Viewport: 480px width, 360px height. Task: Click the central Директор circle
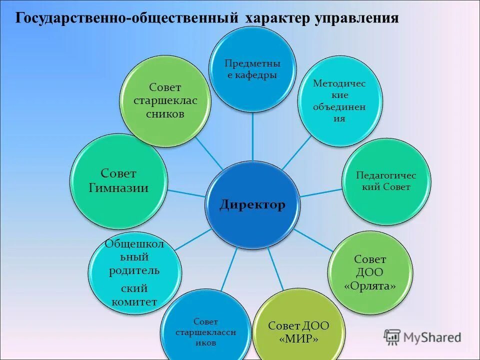(252, 204)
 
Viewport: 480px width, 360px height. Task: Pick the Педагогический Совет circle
(385, 181)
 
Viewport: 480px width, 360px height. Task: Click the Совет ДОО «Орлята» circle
(370, 272)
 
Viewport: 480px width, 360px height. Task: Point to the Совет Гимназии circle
(118, 180)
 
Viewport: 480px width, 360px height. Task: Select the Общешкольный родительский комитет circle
(134, 272)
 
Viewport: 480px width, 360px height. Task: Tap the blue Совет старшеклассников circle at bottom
(206, 330)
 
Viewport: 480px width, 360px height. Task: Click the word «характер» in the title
(275, 18)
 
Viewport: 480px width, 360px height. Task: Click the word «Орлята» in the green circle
(370, 286)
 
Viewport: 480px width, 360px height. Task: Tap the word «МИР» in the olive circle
(298, 338)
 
